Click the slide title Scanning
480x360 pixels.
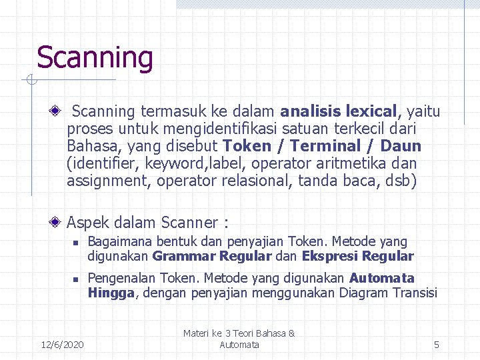coord(95,58)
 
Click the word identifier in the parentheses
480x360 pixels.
coord(101,163)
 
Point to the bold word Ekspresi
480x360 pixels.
coord(326,257)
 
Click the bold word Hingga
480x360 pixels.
coord(111,293)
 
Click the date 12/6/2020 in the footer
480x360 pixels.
coord(62,345)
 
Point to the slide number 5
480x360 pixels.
coord(437,345)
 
